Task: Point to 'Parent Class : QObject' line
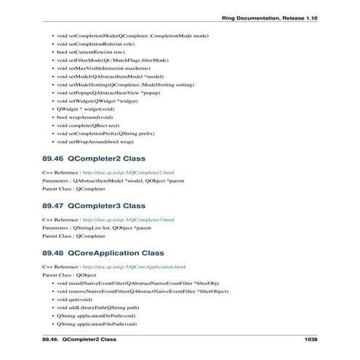click(69, 276)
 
